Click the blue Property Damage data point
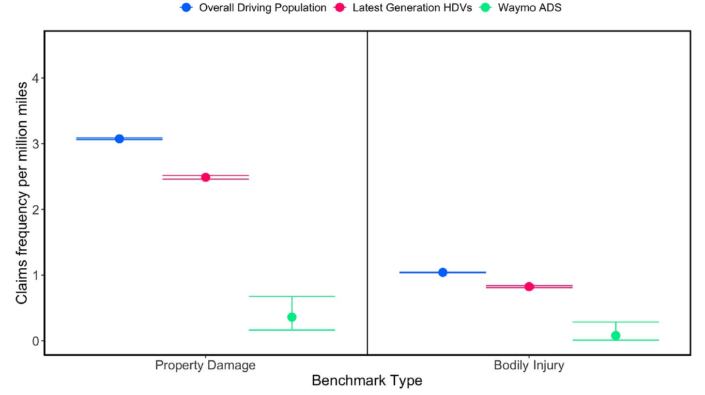tap(119, 138)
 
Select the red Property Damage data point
tap(205, 177)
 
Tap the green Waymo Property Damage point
tap(291, 317)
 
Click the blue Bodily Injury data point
tap(443, 272)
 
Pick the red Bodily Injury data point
tap(529, 287)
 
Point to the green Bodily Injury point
tap(615, 335)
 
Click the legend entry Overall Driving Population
tap(262, 8)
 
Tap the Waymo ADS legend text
tap(530, 8)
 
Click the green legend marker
tap(485, 8)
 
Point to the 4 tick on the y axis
tap(36, 78)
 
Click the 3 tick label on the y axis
tap(36, 144)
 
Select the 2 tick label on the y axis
tap(36, 210)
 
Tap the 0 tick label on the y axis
tap(36, 341)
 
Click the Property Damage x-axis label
tap(205, 365)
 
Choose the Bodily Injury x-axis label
tap(529, 365)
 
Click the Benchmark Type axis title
tap(367, 381)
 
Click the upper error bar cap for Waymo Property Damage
tap(291, 296)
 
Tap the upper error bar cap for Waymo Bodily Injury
tap(615, 322)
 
